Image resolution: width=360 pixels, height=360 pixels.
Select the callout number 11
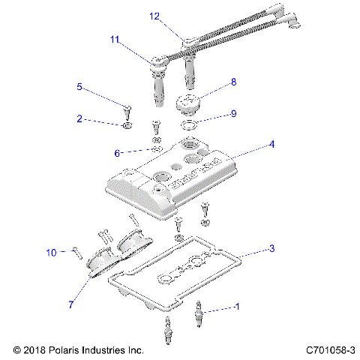click(115, 39)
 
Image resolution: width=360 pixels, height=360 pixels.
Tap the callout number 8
click(233, 81)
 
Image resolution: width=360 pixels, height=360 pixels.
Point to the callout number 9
click(233, 114)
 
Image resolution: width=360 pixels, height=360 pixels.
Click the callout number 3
click(272, 247)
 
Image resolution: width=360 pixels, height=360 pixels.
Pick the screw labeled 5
click(128, 112)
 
